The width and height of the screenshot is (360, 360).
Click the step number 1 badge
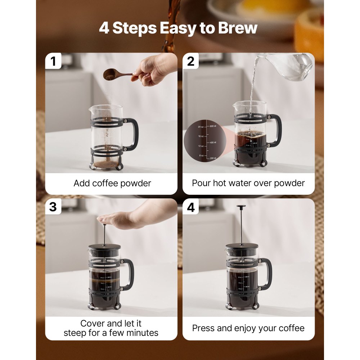(53, 62)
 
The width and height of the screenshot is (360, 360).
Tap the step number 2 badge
(191, 62)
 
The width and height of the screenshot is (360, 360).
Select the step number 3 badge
(53, 207)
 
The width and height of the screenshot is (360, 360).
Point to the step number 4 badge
(191, 207)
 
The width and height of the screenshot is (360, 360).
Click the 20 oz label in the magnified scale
(201, 127)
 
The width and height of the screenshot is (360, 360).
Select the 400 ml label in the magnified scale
(213, 143)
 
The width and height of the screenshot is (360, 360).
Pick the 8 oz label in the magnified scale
(202, 156)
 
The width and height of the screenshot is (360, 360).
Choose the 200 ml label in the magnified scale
(213, 158)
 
